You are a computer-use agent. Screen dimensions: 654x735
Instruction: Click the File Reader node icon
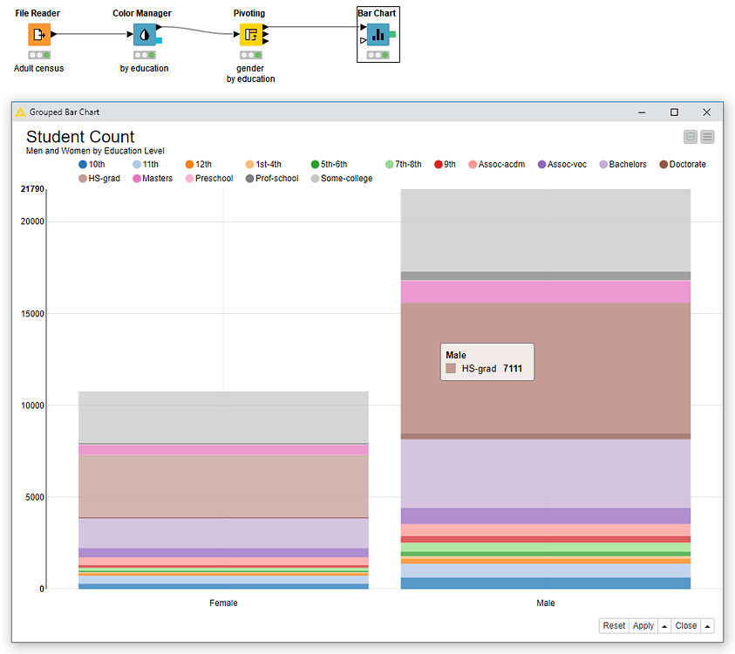(38, 35)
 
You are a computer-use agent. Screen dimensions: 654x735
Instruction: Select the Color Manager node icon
(144, 35)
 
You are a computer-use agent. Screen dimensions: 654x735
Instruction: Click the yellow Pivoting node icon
(250, 35)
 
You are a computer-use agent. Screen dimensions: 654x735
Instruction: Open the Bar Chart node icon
(378, 35)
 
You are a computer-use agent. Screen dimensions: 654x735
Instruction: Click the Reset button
(614, 625)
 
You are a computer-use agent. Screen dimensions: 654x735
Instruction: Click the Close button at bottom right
(685, 625)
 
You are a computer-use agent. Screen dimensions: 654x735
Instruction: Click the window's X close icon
(706, 112)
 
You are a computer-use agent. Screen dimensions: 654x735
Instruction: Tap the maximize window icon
(674, 112)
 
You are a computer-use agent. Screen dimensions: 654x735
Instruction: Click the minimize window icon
(642, 112)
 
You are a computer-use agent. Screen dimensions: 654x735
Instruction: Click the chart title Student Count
(80, 137)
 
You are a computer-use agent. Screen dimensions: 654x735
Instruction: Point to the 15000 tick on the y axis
(32, 314)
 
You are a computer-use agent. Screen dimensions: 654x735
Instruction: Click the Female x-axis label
(223, 603)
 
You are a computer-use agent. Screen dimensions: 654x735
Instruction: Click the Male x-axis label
(545, 603)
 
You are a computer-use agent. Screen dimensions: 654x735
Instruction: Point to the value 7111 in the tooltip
(513, 369)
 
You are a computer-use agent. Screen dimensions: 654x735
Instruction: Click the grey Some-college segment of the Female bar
(223, 417)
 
